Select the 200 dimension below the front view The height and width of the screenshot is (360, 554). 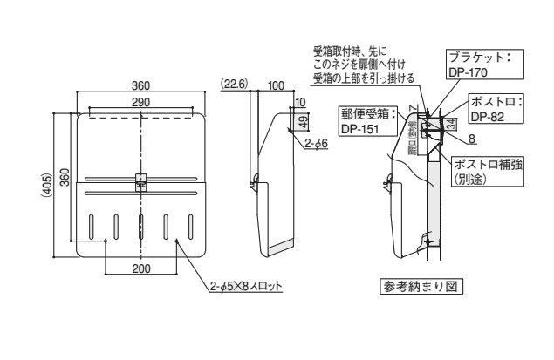pyautogui.click(x=140, y=268)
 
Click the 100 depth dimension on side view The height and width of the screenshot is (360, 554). pyautogui.click(x=276, y=85)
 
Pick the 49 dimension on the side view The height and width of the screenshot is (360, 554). pyautogui.click(x=302, y=120)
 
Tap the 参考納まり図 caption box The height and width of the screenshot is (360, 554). pyautogui.click(x=419, y=287)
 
